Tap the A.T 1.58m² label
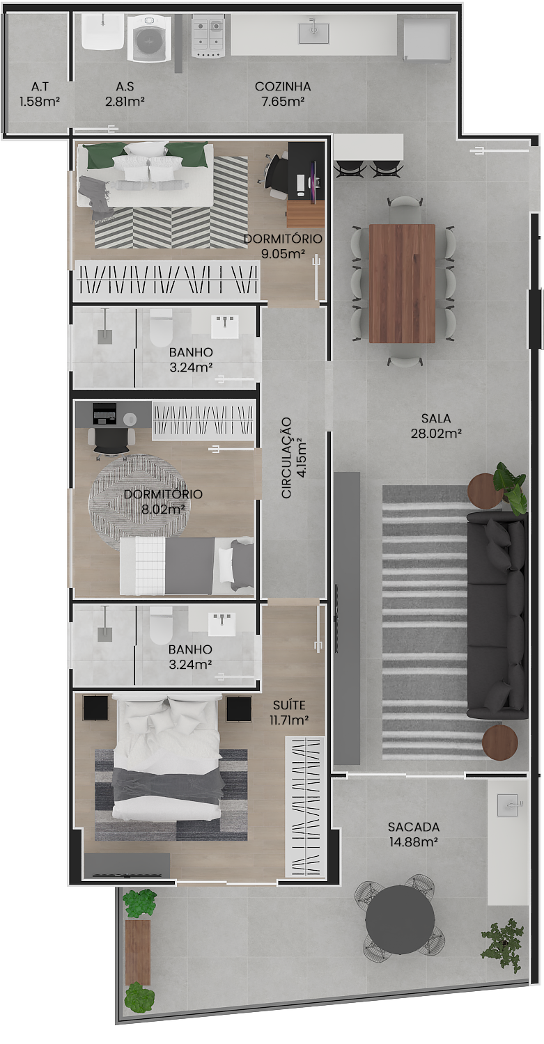pyautogui.click(x=40, y=94)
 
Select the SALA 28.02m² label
pyautogui.click(x=436, y=425)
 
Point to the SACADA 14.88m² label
pyautogui.click(x=413, y=834)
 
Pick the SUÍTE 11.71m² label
pyautogui.click(x=289, y=712)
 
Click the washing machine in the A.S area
pyautogui.click(x=148, y=38)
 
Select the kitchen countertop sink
pyautogui.click(x=313, y=32)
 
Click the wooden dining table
pyautogui.click(x=402, y=283)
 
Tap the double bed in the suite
pyautogui.click(x=167, y=757)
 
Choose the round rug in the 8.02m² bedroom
pyautogui.click(x=138, y=503)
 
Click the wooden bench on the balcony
pyautogui.click(x=138, y=952)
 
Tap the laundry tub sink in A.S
pyautogui.click(x=102, y=31)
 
